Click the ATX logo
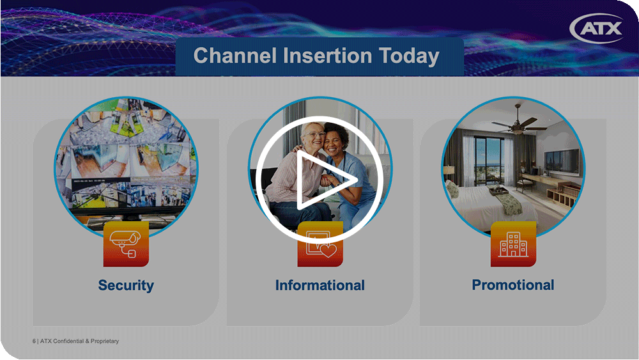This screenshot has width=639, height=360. (597, 28)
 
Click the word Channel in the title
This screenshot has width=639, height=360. (235, 56)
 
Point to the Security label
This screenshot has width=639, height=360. (126, 285)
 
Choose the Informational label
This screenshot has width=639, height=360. (320, 285)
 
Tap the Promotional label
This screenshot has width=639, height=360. (513, 285)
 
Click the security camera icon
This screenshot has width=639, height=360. (126, 244)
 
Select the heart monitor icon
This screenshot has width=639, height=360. (320, 245)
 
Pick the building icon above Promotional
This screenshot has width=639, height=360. (514, 244)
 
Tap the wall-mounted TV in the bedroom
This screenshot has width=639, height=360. (562, 160)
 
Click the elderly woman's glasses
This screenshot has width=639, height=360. (314, 134)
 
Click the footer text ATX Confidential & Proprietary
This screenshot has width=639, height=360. (79, 341)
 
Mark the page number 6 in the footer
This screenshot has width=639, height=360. (35, 341)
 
